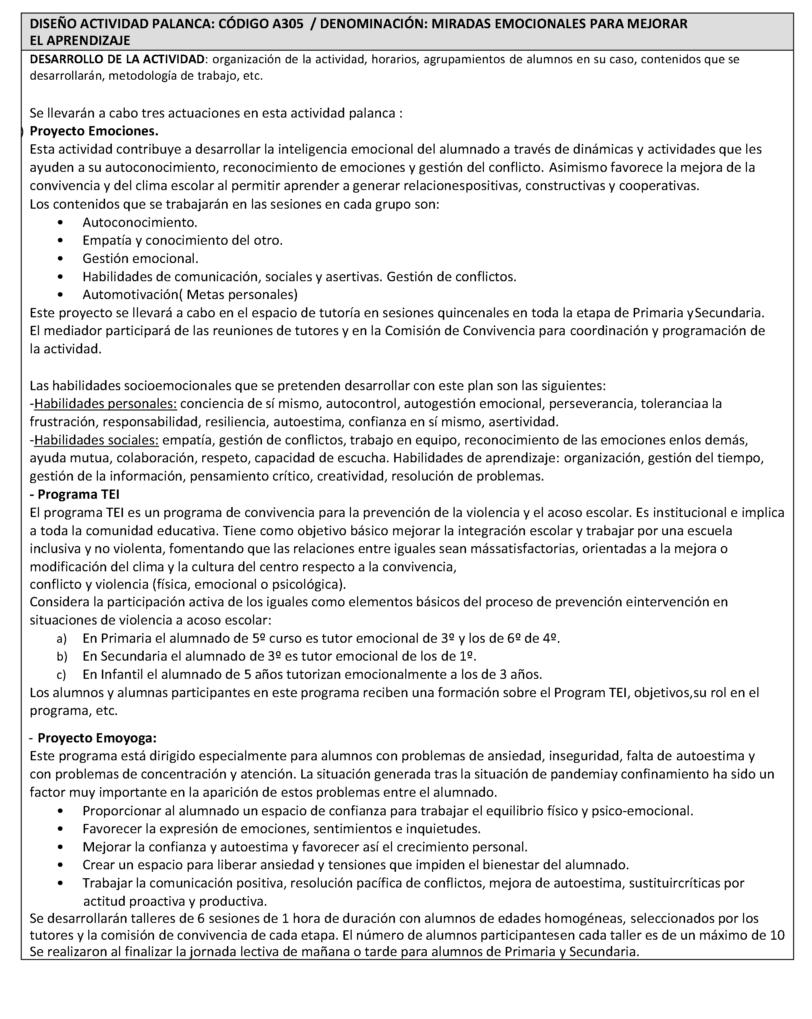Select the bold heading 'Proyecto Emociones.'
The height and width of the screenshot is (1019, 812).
(94, 130)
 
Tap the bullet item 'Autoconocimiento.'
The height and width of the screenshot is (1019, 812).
(140, 222)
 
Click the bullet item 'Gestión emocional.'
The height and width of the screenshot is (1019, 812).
(140, 259)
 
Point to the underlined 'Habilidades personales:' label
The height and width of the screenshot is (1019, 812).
(105, 404)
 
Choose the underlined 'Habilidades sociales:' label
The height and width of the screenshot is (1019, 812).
(96, 440)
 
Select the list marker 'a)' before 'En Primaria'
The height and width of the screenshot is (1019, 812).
(61, 639)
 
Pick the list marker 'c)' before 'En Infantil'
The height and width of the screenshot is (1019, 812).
(61, 675)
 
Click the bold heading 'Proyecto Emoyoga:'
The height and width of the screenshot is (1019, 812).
(97, 738)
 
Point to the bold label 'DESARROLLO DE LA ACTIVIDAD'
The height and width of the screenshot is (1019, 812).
(118, 60)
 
